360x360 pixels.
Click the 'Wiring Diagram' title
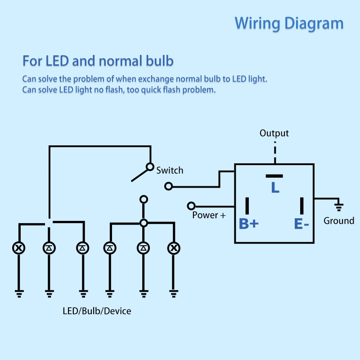pos(289,23)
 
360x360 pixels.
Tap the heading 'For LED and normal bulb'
pos(98,61)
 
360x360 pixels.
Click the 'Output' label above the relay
pos(274,133)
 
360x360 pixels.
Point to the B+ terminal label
pos(248,223)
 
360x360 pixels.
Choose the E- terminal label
pos(301,223)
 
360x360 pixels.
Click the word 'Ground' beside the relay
pos(339,221)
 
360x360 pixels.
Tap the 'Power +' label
pos(209,215)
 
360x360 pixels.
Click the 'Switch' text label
pos(170,171)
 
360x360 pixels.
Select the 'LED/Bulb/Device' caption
pos(97,311)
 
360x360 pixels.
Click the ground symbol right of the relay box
pos(339,207)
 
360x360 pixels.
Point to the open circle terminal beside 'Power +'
pos(191,206)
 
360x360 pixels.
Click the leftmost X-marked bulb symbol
pos(19,247)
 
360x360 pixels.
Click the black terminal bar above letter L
pos(274,175)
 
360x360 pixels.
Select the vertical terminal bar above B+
pos(247,206)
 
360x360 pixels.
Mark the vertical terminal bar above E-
pos(302,206)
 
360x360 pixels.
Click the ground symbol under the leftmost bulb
pos(19,293)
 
